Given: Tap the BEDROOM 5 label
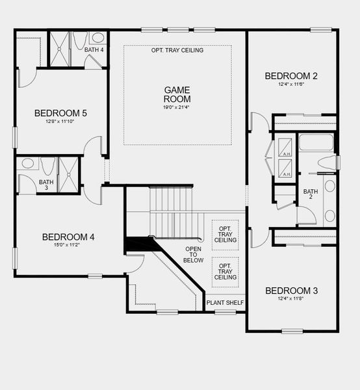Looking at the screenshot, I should pyautogui.click(x=61, y=113).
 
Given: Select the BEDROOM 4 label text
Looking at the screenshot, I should pyautogui.click(x=68, y=237).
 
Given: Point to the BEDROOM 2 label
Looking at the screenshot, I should pyautogui.click(x=291, y=76).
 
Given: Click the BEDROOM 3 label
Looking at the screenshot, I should pyautogui.click(x=291, y=290).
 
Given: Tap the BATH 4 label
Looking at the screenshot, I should pyautogui.click(x=94, y=50).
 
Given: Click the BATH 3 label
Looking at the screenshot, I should pyautogui.click(x=45, y=185).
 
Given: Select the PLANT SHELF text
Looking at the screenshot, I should pyautogui.click(x=225, y=303).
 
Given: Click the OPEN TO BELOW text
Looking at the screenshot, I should pyautogui.click(x=194, y=255).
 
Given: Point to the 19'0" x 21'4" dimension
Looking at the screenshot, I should pyautogui.click(x=176, y=108).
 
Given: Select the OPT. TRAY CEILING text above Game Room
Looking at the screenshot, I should pyautogui.click(x=177, y=50).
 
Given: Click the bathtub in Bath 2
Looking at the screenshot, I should pyautogui.click(x=316, y=142).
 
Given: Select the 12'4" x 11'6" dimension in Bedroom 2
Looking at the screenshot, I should pyautogui.click(x=291, y=84).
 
